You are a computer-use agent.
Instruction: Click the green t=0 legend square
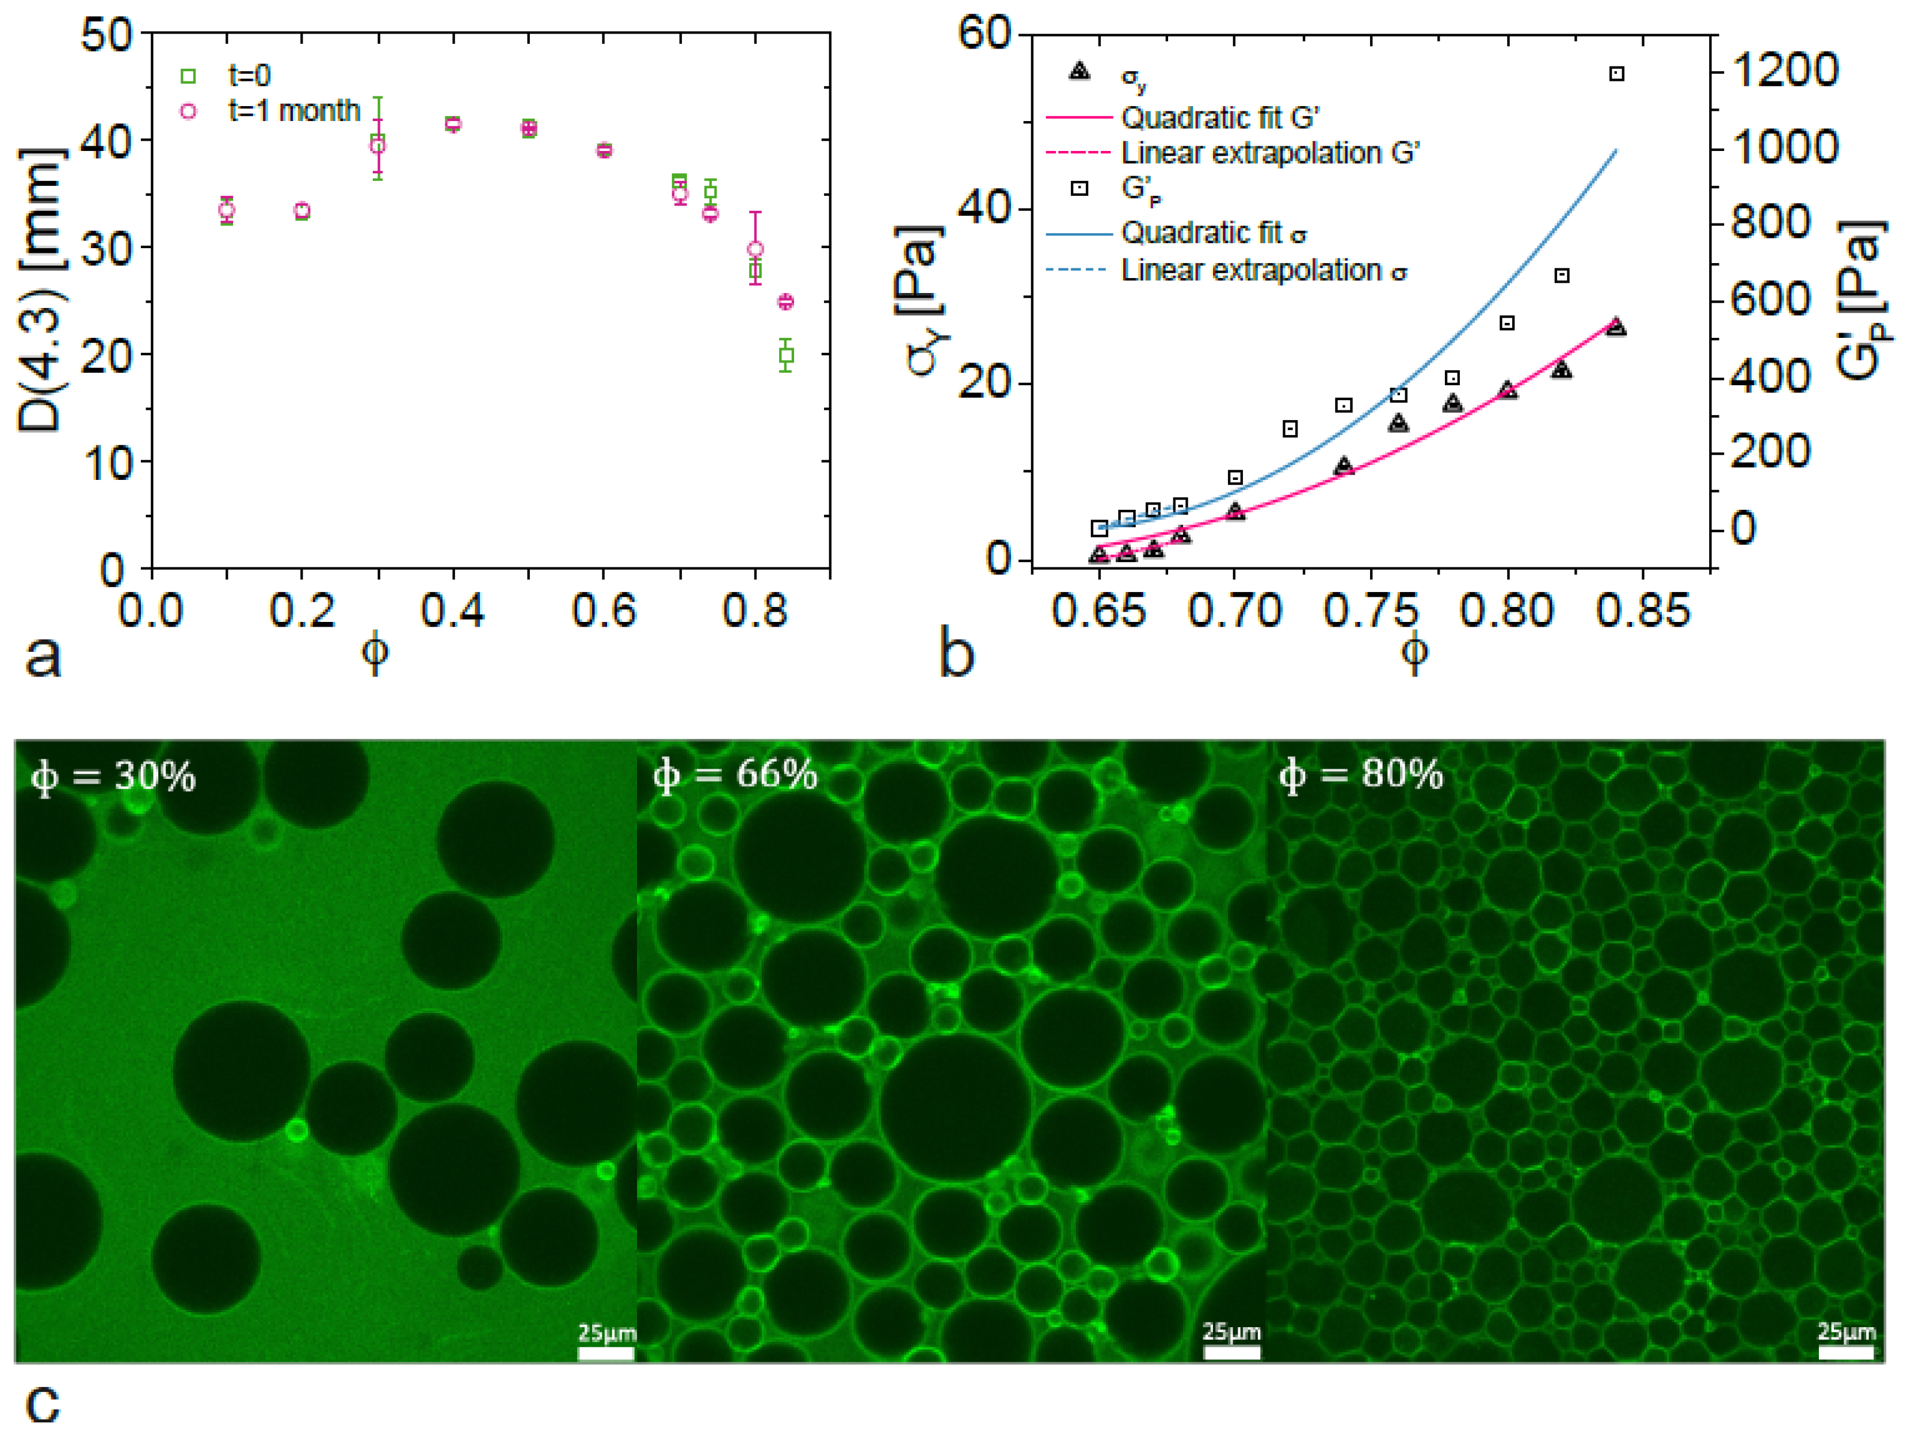tap(188, 77)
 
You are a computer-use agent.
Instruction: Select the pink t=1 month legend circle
tap(188, 111)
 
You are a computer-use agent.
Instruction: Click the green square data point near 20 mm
tap(785, 355)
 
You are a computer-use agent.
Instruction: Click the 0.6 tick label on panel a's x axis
tap(604, 611)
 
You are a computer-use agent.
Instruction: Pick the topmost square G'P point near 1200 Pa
tap(1616, 74)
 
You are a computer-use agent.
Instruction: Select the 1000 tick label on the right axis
tap(1785, 147)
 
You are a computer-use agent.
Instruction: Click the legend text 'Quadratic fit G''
tap(1220, 117)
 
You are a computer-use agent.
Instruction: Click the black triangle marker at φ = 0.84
tap(1616, 327)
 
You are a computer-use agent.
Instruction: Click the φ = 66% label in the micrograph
tap(735, 774)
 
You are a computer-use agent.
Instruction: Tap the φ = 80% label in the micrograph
tap(1360, 774)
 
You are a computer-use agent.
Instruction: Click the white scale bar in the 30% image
tap(605, 1354)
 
